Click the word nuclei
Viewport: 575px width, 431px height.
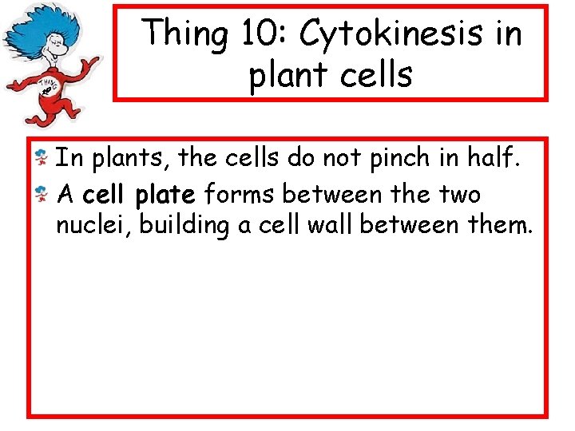[93, 226]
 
